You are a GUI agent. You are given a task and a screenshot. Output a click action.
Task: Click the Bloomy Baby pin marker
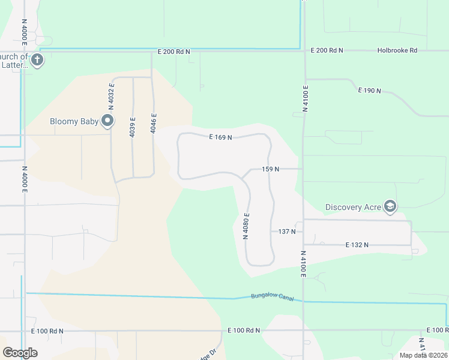pos(108,121)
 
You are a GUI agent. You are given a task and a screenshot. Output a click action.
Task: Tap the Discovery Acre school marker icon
pos(391,206)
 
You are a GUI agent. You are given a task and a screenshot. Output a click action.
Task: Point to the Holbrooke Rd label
pos(397,51)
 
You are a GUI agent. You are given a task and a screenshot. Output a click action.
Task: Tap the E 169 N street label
pos(220,137)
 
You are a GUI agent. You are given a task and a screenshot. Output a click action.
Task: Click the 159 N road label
pos(270,169)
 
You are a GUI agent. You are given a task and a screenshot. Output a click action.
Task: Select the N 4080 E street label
pos(246,226)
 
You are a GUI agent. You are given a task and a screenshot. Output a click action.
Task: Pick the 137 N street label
pos(287,231)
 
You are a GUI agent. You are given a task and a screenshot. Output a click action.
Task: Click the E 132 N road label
pos(357,245)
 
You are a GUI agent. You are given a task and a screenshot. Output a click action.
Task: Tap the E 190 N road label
pos(369,91)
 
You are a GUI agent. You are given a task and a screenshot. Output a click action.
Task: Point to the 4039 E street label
pos(133,127)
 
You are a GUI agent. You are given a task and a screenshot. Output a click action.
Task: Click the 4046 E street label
pos(154,124)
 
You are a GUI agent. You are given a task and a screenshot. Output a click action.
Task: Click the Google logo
pos(20,353)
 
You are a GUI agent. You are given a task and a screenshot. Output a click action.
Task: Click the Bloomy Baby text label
pos(74,121)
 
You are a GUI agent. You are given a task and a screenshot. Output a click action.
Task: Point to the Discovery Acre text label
pos(353,207)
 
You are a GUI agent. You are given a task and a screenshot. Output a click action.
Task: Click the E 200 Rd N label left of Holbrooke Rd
pos(327,51)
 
